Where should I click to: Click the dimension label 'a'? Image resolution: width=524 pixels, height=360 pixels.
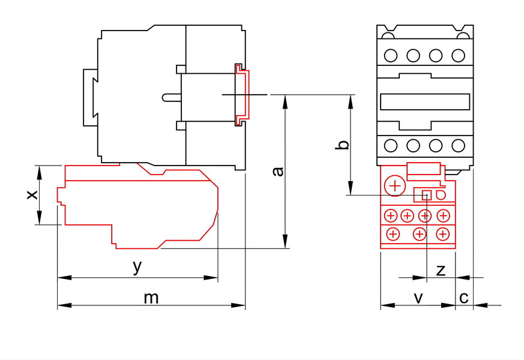tap(278, 171)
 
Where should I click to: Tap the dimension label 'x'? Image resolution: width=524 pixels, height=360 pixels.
tap(32, 194)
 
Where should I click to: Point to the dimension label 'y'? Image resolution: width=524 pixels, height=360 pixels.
tap(137, 267)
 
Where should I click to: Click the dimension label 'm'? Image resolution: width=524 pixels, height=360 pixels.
tap(151, 298)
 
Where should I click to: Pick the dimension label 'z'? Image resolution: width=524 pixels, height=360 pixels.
tap(441, 270)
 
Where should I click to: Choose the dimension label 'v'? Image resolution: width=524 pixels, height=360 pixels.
tap(418, 298)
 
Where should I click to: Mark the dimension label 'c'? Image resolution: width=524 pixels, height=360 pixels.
tap(464, 298)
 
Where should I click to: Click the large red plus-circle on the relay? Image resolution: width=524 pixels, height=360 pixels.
tap(395, 185)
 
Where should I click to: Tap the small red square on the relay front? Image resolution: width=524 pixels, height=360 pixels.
tap(427, 195)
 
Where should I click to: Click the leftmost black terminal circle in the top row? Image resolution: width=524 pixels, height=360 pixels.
tap(391, 55)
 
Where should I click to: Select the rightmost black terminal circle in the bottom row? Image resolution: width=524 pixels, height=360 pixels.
tap(458, 146)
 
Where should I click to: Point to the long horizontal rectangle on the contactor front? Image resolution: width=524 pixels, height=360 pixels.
tap(425, 102)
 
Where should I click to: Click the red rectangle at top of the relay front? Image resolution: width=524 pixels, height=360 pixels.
tap(424, 169)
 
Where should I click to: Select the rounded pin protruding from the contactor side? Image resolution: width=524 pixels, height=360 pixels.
tap(172, 97)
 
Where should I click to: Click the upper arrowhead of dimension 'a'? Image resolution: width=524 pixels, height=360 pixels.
tap(285, 102)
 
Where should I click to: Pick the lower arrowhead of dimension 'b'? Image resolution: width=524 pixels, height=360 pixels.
tap(351, 188)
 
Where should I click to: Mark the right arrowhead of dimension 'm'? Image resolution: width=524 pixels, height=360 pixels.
tap(238, 305)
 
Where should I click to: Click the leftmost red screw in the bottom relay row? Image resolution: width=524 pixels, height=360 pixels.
tap(393, 234)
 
